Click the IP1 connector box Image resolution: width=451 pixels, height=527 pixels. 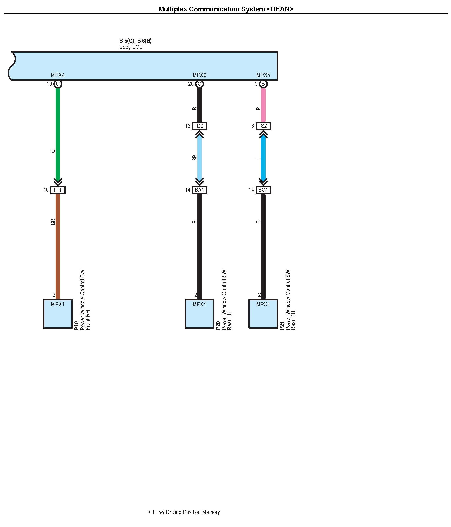[58, 190]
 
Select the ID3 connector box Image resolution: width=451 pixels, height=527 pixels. [199, 126]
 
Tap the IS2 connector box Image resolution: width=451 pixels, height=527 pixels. [263, 126]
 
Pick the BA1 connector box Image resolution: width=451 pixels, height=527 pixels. [199, 190]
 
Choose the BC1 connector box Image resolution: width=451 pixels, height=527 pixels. [263, 190]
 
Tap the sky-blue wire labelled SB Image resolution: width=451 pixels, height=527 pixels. [199, 158]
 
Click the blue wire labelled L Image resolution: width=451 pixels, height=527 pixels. [263, 158]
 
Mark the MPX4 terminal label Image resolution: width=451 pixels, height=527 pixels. [58, 75]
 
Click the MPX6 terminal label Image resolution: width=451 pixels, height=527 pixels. [199, 75]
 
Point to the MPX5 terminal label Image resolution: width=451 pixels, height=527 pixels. [263, 75]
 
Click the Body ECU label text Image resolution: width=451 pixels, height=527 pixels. [131, 47]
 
